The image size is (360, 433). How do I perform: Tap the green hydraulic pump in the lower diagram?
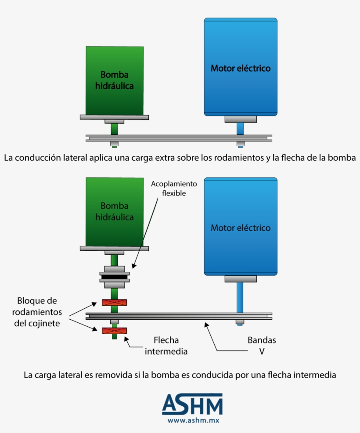tap(115, 211)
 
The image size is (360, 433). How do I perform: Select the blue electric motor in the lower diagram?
tap(241, 226)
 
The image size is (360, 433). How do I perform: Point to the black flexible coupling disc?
tap(115, 277)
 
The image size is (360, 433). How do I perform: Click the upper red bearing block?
tap(114, 303)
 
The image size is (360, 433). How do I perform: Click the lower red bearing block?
tap(114, 331)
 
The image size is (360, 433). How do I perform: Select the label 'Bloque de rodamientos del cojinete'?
tap(37, 312)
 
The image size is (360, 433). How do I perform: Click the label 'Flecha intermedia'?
tap(166, 346)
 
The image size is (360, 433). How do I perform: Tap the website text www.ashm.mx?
tap(193, 420)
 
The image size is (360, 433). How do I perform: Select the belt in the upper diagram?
tap(179, 138)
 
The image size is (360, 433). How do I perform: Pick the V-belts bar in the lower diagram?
tap(179, 315)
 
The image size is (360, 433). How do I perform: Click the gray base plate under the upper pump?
tap(114, 117)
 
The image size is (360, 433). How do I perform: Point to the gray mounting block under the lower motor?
tap(241, 278)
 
